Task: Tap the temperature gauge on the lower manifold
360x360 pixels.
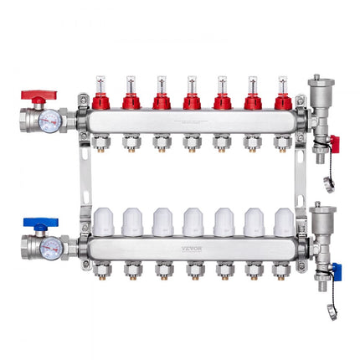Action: tap(51, 247)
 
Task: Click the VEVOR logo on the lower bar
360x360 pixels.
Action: tap(192, 249)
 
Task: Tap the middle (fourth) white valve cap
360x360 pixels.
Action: tap(192, 221)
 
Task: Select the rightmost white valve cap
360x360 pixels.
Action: tap(284, 221)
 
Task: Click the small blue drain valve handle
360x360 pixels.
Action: tap(334, 270)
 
